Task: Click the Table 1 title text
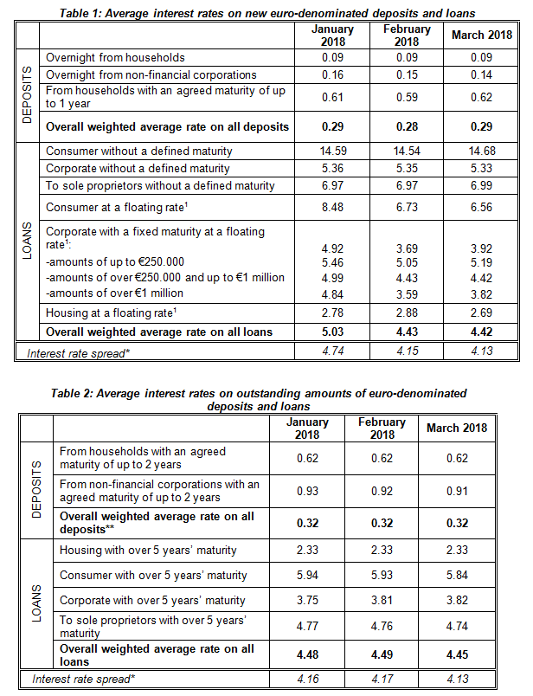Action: click(267, 13)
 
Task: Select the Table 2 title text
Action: click(259, 400)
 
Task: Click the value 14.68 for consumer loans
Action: click(482, 151)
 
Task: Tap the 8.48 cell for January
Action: click(332, 207)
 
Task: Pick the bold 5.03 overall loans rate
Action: click(332, 332)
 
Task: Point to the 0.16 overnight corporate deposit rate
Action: click(332, 75)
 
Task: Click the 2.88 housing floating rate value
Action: click(407, 313)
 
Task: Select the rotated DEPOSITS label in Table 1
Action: click(27, 95)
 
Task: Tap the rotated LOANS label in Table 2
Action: click(36, 603)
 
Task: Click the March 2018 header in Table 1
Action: click(482, 35)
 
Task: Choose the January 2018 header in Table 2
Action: click(307, 428)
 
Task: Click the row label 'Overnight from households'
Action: click(115, 58)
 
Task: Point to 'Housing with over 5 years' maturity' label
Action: click(148, 551)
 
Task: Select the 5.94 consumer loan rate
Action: click(307, 576)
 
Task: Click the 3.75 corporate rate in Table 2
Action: click(307, 600)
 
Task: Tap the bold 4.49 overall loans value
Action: click(382, 654)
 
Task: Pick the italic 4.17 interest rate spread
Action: click(382, 680)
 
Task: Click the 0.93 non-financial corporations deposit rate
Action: click(307, 492)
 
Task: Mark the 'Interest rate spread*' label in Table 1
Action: click(78, 354)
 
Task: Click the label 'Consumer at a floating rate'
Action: click(116, 207)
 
